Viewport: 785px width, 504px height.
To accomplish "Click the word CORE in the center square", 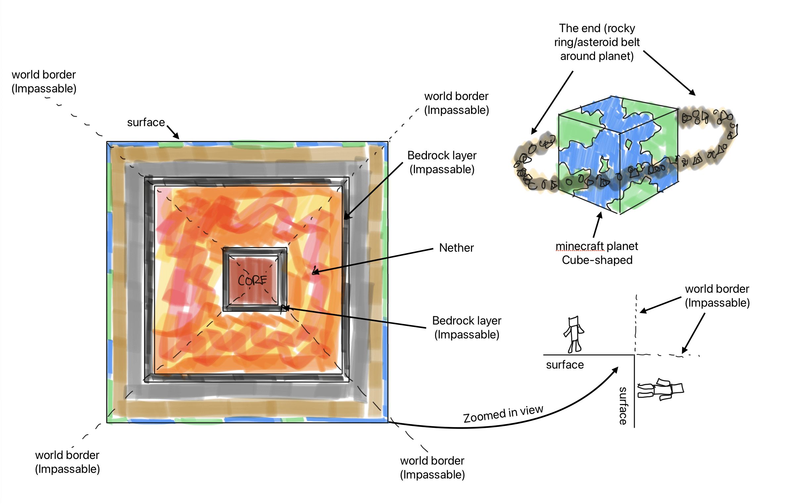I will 252,280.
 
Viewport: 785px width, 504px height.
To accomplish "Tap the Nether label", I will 456,248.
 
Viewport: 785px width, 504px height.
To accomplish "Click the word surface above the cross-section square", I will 146,123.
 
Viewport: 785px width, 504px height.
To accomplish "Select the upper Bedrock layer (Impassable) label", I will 442,162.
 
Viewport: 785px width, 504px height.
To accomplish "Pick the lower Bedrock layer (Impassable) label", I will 467,328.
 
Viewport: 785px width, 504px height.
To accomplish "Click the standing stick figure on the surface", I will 574,334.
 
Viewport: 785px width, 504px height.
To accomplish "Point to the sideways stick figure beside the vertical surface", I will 661,390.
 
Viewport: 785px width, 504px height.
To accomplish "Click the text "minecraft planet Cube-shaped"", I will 597,253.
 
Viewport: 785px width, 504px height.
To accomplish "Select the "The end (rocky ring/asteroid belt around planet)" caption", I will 597,42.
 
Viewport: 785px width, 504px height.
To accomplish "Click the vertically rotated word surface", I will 623,406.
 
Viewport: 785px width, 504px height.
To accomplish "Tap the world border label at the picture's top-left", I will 44,81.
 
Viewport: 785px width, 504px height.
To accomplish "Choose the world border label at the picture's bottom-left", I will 68,462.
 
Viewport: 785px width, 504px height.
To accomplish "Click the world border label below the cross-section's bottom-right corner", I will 432,468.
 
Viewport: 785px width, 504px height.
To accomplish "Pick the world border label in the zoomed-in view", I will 717,296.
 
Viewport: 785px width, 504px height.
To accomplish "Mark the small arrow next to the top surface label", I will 173,132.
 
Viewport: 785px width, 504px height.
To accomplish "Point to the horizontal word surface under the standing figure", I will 565,365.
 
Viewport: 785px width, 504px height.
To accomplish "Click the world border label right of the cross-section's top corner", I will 456,103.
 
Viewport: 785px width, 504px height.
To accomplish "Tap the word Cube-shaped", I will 597,260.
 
